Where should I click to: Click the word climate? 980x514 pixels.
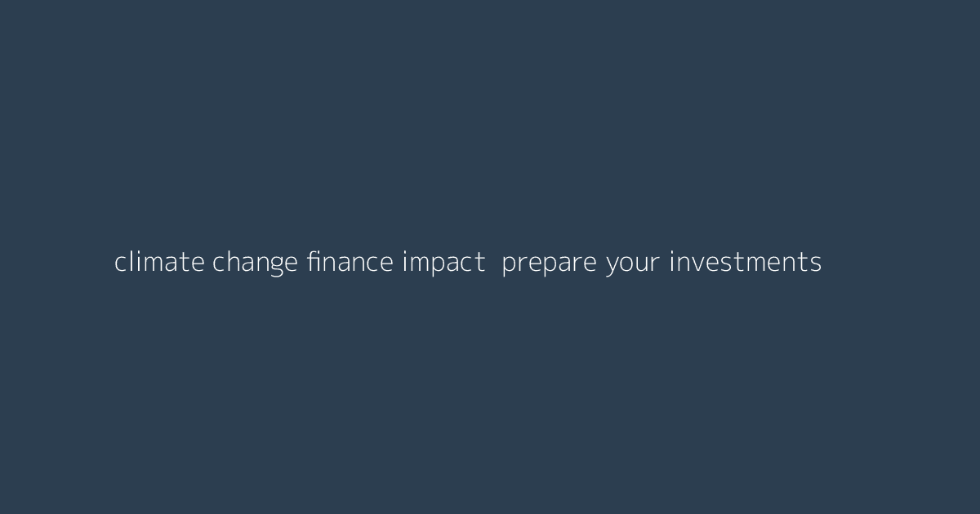pos(159,263)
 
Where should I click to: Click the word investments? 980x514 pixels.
pos(745,263)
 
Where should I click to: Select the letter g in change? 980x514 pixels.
pos(274,266)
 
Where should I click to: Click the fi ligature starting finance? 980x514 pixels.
pos(314,262)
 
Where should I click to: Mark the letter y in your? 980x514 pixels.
pos(612,266)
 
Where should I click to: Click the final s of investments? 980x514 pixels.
pos(816,264)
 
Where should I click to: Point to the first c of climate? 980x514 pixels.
pos(120,264)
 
